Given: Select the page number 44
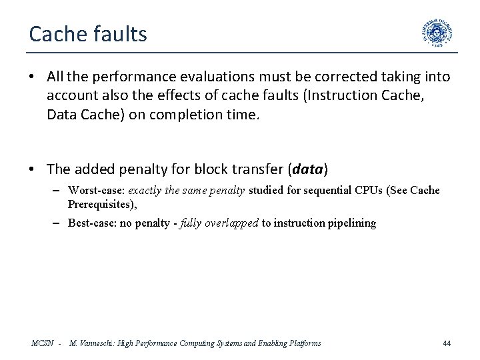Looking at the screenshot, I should click(447, 343).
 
